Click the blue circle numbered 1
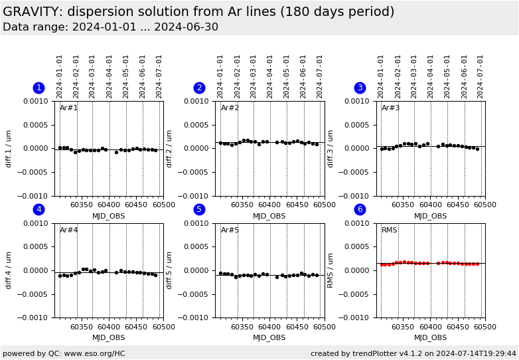(38, 88)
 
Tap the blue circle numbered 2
(199, 88)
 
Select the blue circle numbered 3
(360, 88)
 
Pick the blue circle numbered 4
(38, 209)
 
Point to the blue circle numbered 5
(199, 209)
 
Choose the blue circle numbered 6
(360, 209)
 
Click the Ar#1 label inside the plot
(69, 108)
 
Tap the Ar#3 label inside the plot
(391, 108)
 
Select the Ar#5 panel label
(230, 230)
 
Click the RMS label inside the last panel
(390, 230)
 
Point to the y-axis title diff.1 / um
(9, 149)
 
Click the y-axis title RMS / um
(331, 270)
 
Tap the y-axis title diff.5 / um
(170, 270)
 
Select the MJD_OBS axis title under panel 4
(108, 337)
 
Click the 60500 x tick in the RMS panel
(485, 327)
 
